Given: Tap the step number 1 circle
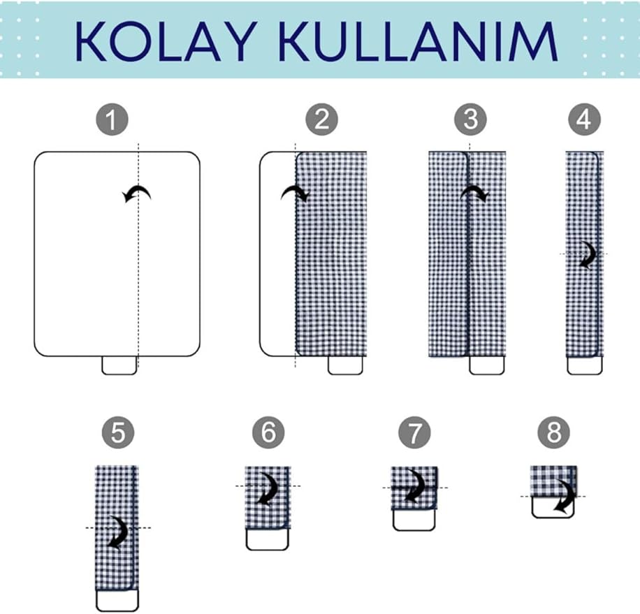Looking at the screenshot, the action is (112, 119).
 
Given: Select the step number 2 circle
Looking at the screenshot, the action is (322, 119).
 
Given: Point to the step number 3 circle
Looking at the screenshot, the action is (471, 119).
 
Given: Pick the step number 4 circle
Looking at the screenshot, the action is (585, 119).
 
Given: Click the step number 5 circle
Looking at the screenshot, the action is (118, 432).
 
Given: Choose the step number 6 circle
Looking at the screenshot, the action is (268, 432).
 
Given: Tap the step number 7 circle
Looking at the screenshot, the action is (414, 432).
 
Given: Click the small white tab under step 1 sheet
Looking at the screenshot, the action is (119, 365).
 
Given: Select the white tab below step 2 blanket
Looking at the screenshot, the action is (345, 365).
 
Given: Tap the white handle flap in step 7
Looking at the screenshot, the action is (414, 520).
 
